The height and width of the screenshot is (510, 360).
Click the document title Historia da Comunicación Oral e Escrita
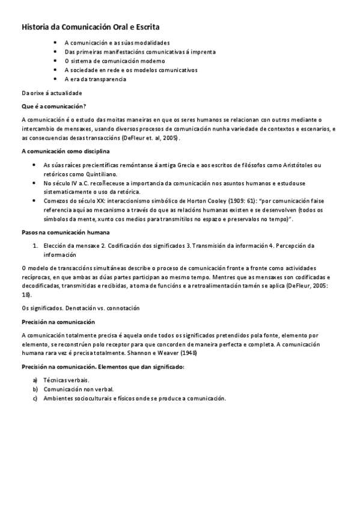coord(91,27)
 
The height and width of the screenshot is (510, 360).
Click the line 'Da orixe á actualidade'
coord(51,93)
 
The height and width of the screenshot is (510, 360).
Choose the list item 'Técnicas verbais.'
coord(66,381)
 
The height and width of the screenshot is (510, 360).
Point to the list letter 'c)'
coord(35,399)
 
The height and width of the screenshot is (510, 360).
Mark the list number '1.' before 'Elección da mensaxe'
coord(36,245)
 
